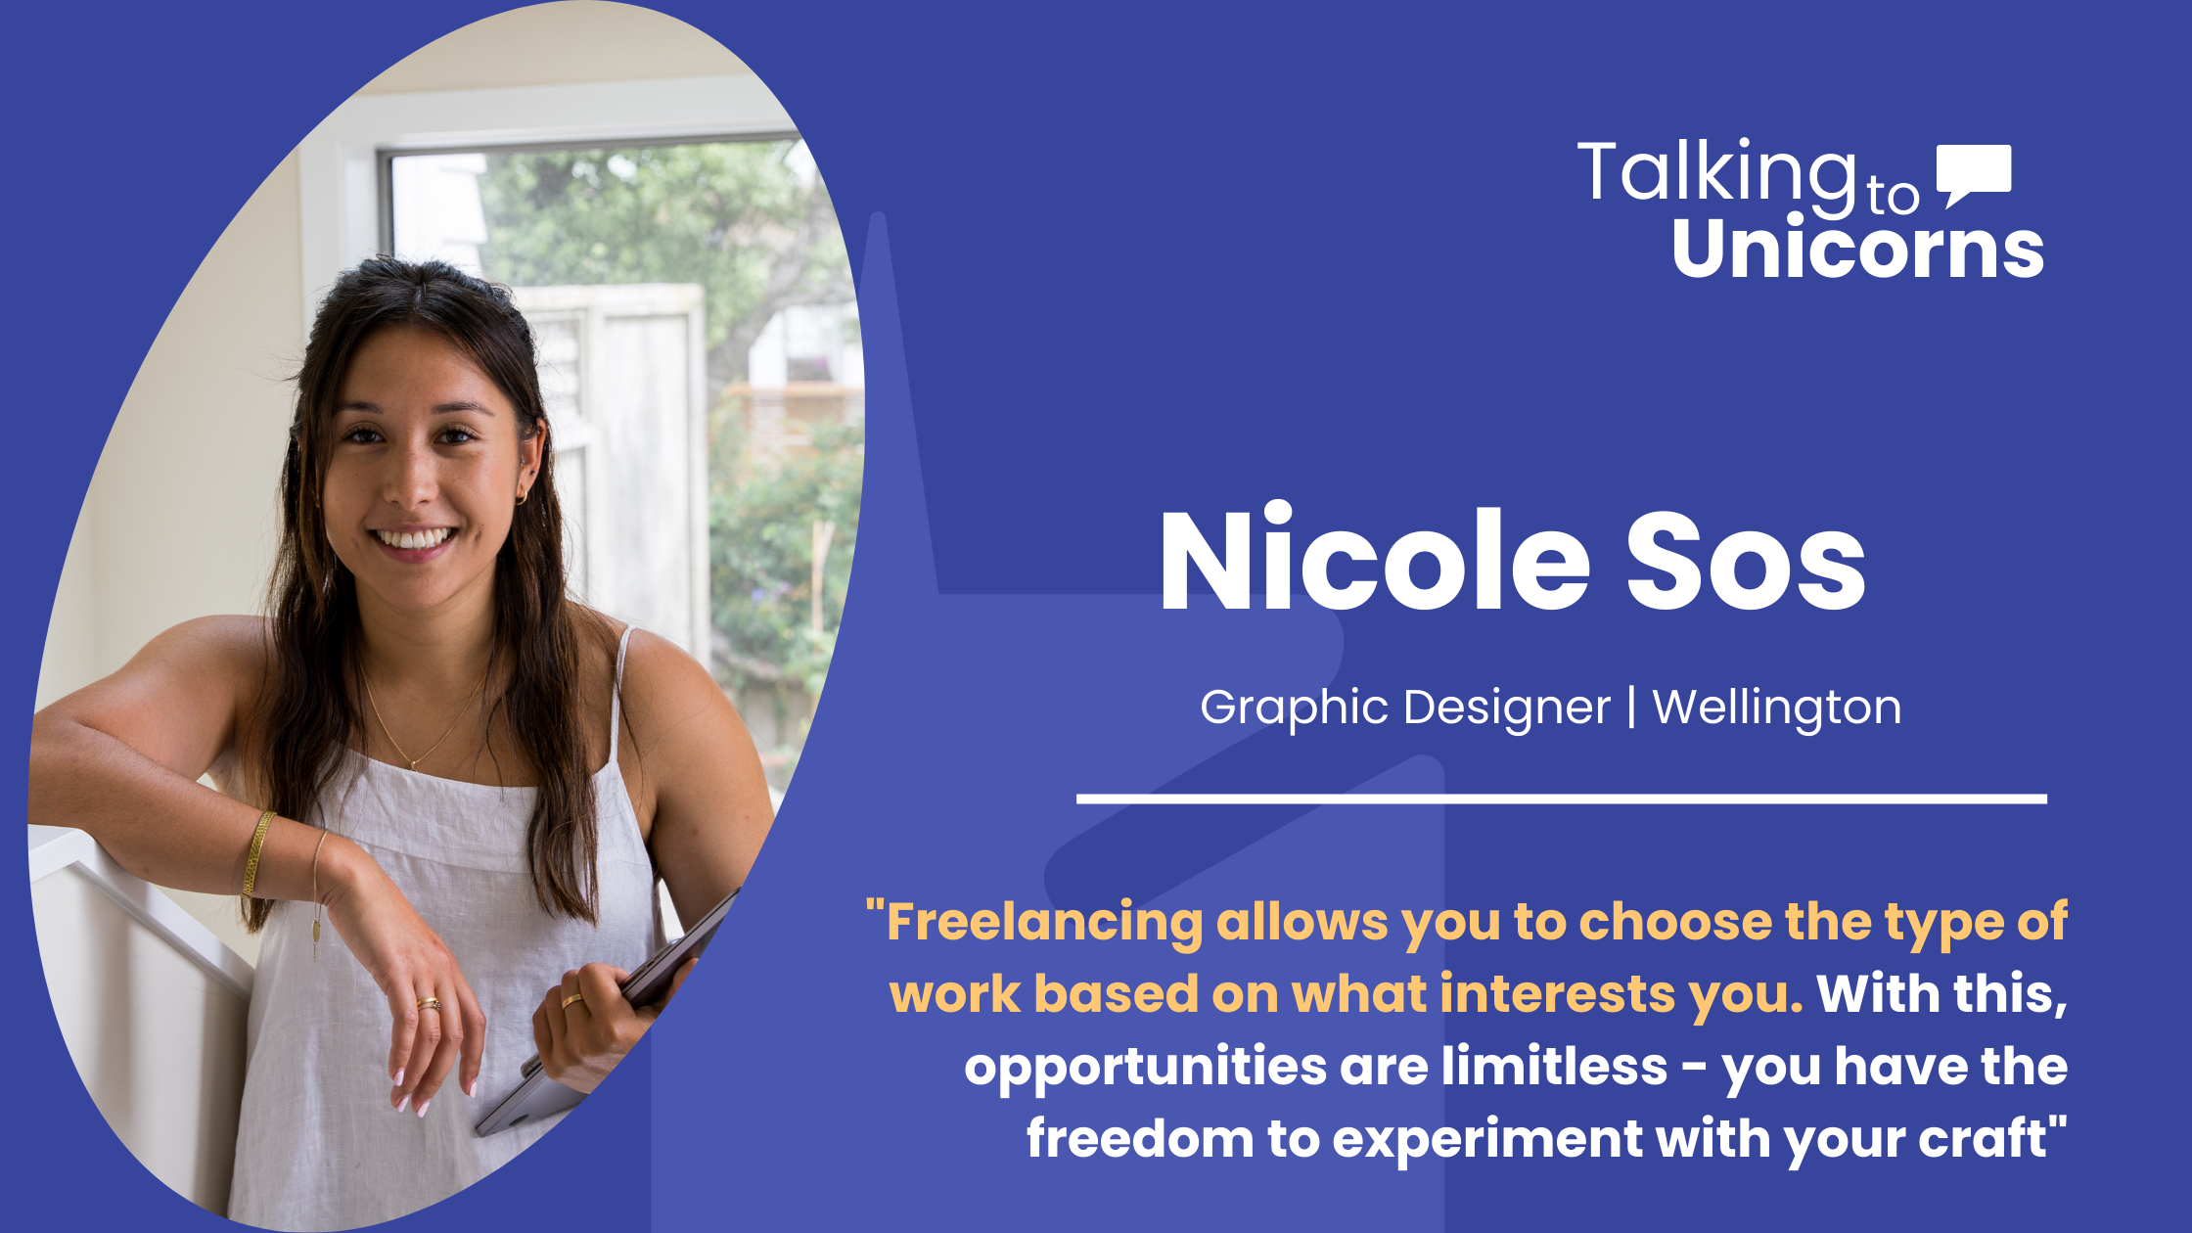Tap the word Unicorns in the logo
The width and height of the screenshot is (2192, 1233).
1857,249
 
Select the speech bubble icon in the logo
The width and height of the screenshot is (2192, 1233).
1974,173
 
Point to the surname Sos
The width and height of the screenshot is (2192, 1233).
1746,563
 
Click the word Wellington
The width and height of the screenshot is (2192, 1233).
1776,708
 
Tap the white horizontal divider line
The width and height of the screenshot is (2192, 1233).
1561,799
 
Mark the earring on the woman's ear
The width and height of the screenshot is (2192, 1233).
522,497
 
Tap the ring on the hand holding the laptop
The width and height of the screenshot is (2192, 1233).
571,1001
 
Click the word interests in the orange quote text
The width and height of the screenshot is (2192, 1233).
1557,994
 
